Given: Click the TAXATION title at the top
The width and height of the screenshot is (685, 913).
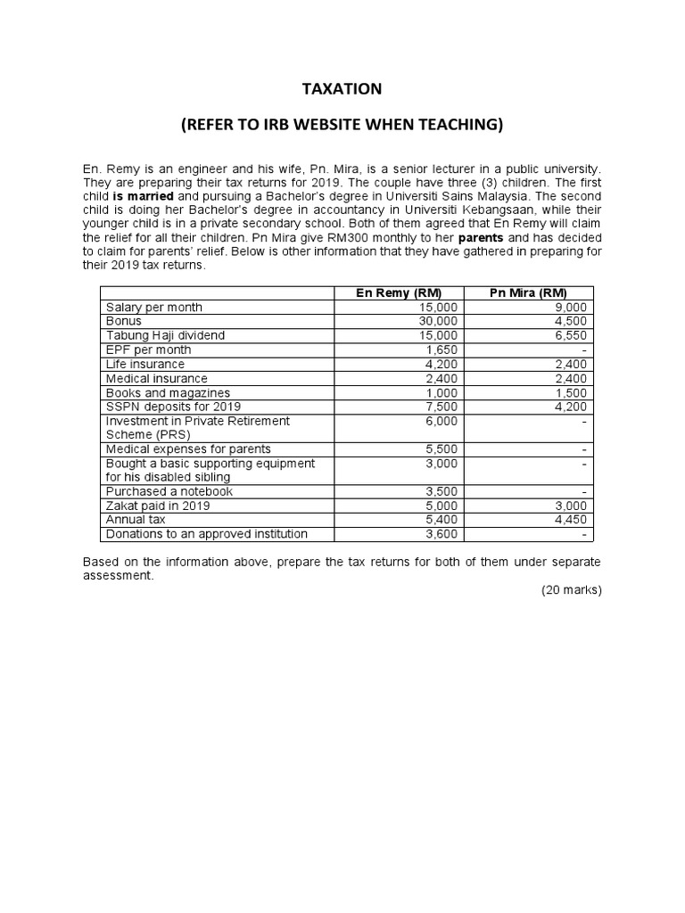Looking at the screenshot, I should pyautogui.click(x=342, y=88).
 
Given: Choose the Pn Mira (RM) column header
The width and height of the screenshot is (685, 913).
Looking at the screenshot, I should pyautogui.click(x=529, y=293).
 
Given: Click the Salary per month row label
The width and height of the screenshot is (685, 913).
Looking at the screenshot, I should pyautogui.click(x=154, y=307).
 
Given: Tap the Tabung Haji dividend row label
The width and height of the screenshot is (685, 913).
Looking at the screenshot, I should pyautogui.click(x=166, y=335).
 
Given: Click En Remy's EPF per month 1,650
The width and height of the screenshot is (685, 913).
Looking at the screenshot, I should pyautogui.click(x=442, y=350).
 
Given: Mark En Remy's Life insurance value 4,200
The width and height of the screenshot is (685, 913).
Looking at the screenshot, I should pyautogui.click(x=442, y=364).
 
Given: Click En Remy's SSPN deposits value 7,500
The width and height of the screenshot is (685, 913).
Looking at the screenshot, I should pyautogui.click(x=442, y=407).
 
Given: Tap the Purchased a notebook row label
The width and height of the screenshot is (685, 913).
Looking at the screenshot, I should pyautogui.click(x=169, y=491).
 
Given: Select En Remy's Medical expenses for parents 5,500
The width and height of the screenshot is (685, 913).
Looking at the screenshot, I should pyautogui.click(x=442, y=449).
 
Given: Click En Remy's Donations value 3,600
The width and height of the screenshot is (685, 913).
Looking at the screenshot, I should pyautogui.click(x=442, y=534).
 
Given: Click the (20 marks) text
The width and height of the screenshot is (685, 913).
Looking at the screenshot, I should pyautogui.click(x=572, y=590).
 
